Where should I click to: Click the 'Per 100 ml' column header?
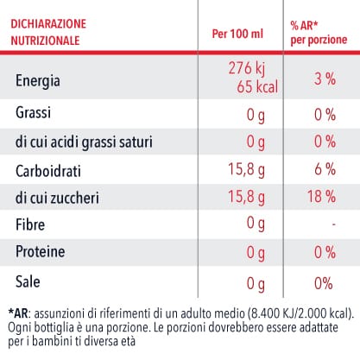[237, 34]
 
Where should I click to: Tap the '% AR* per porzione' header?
[319, 33]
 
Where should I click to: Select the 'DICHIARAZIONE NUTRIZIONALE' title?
[48, 32]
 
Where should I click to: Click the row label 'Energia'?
[38, 81]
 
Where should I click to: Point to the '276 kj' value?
[246, 69]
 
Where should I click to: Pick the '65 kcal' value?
[257, 86]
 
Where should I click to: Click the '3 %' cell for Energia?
[325, 79]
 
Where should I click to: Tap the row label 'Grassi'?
[33, 112]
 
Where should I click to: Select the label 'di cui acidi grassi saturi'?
[84, 142]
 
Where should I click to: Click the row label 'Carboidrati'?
[48, 171]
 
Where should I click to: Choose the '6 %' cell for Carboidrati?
[325, 169]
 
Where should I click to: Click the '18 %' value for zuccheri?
[321, 196]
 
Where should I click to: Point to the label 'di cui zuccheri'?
[57, 198]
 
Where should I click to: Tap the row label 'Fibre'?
[30, 224]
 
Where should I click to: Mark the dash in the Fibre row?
[333, 224]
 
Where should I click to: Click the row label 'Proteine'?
[41, 251]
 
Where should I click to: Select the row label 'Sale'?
[28, 281]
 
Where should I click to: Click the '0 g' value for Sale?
[256, 284]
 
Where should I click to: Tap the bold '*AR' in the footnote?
[18, 313]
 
